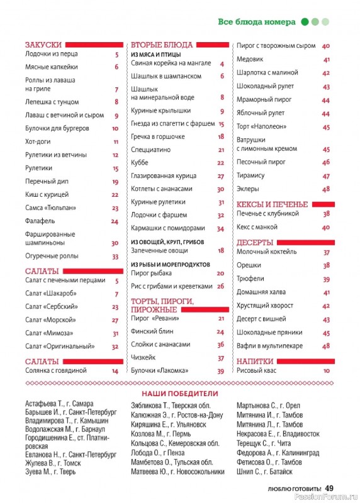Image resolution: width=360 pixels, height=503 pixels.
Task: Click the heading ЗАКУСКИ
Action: click(43, 45)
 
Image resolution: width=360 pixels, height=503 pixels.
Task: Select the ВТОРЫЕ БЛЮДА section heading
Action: click(161, 45)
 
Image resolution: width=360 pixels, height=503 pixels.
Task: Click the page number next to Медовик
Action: click(327, 60)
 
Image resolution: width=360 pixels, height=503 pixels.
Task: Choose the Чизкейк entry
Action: click(143, 358)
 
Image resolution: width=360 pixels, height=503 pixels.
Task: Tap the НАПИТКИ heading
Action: click(255, 362)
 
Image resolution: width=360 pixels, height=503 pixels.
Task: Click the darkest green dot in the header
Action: click(305, 22)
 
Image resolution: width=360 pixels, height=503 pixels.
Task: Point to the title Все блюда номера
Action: click(257, 22)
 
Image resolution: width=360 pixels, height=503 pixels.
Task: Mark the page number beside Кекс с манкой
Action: click(327, 227)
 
